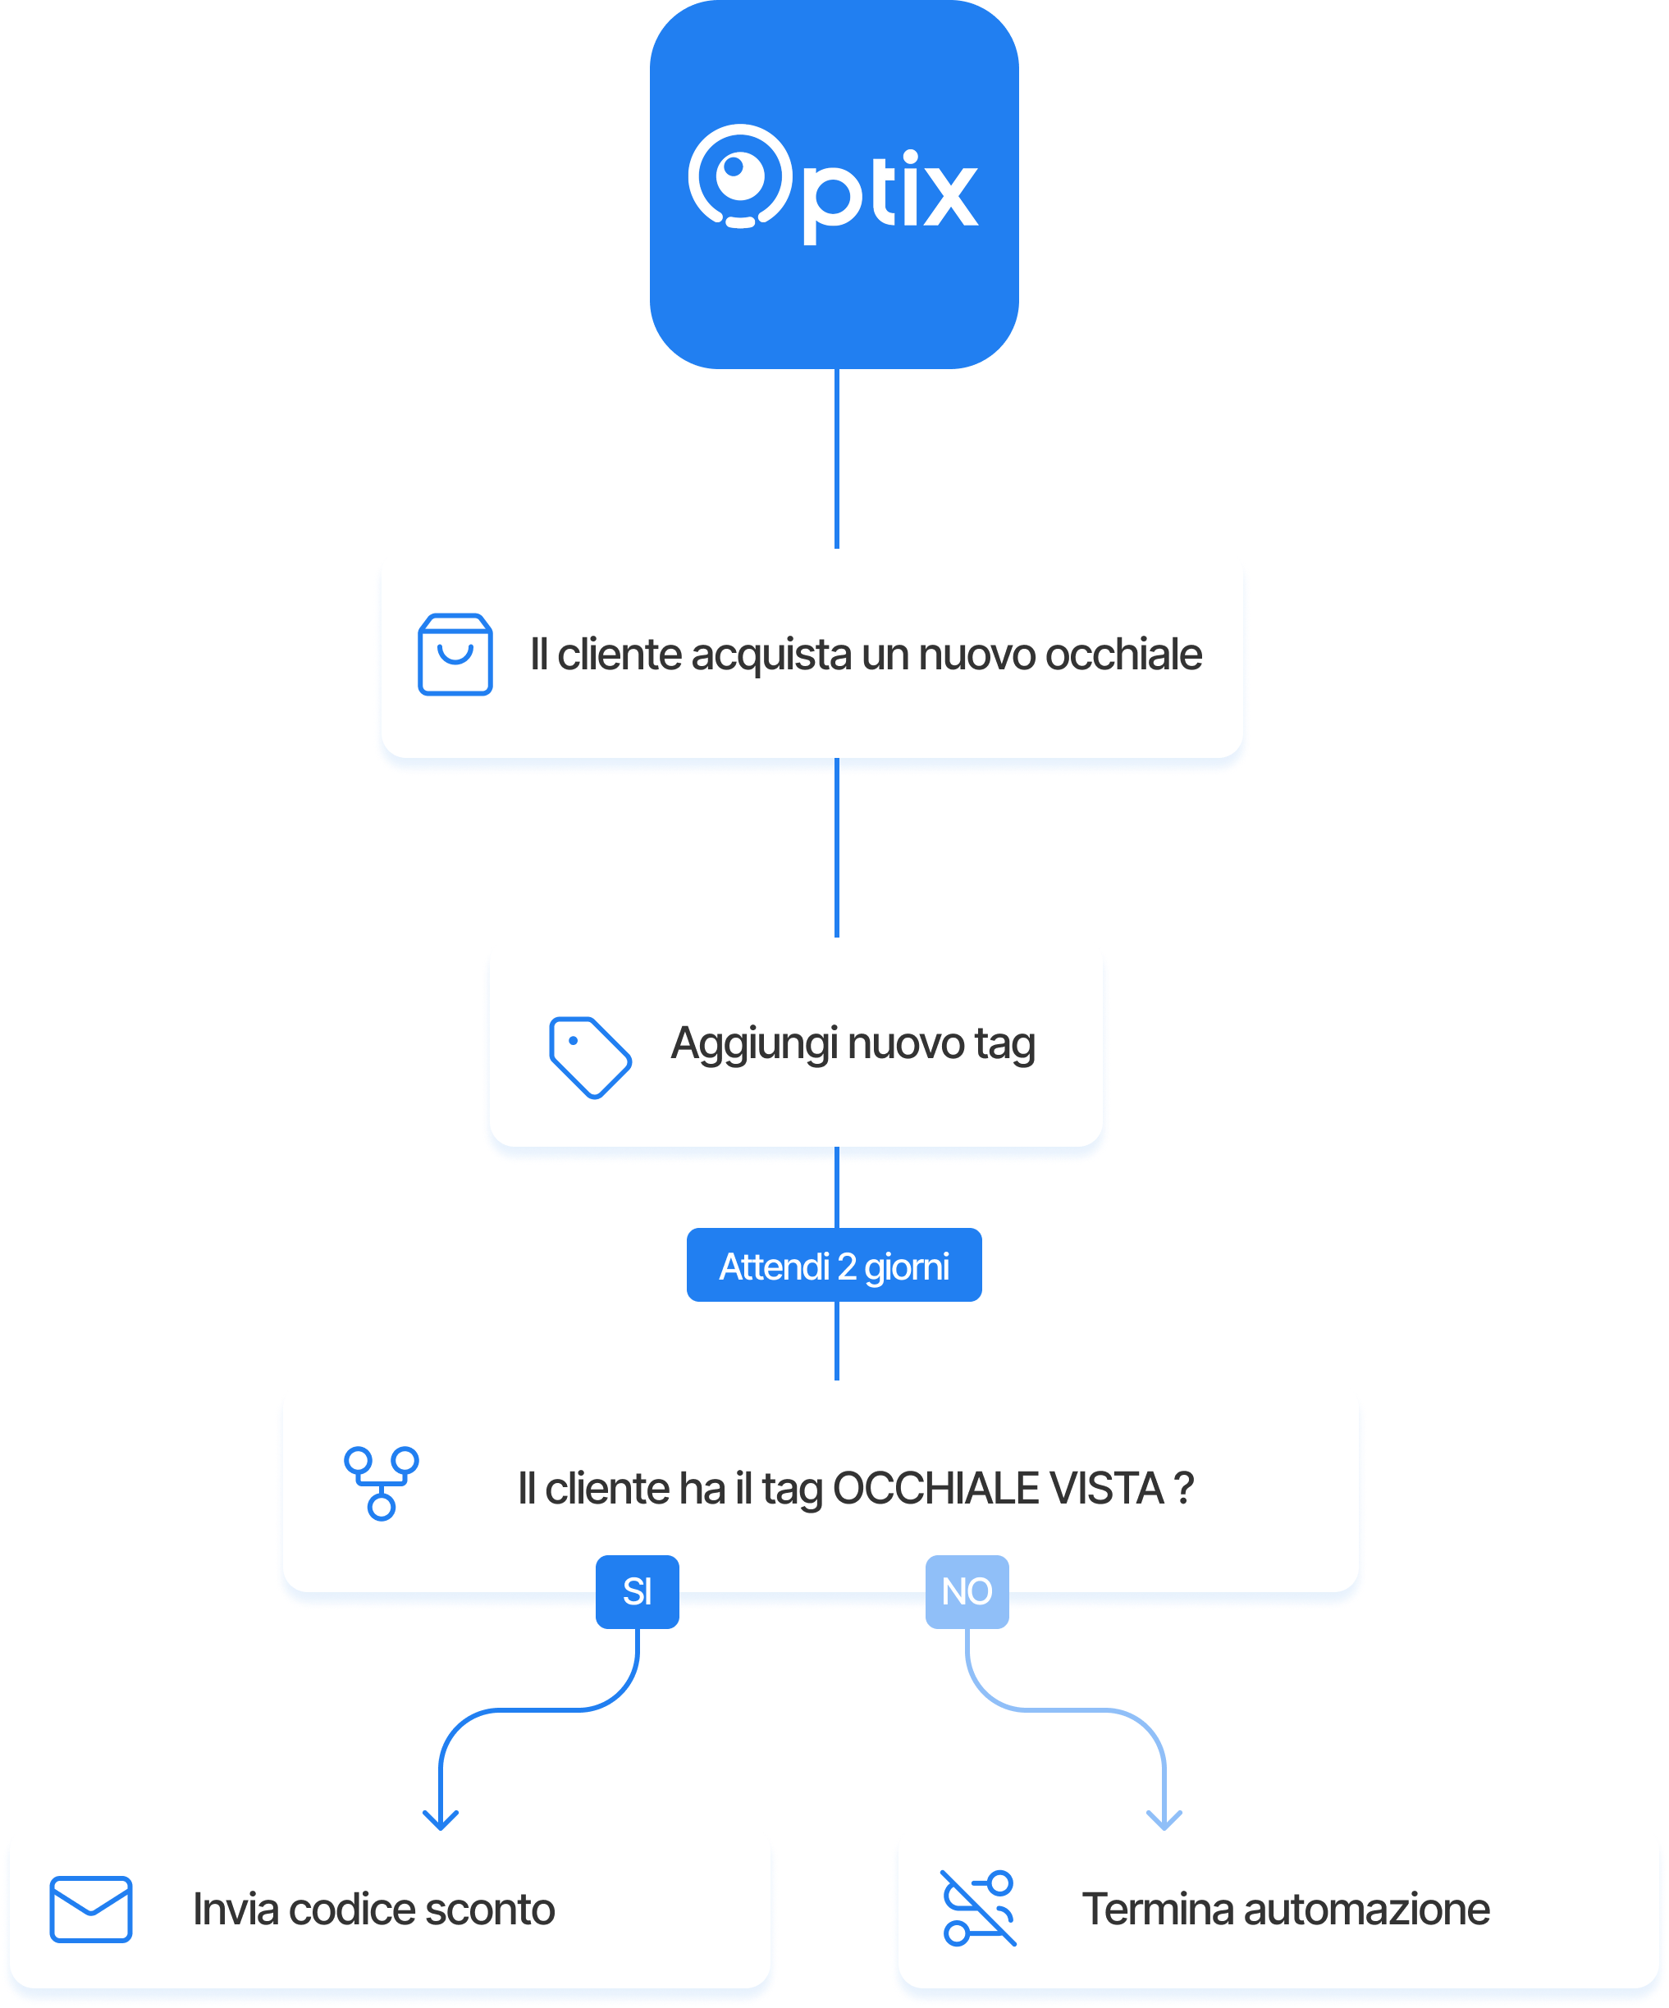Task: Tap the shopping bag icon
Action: [455, 655]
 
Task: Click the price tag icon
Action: [589, 1056]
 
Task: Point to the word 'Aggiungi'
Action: [755, 1044]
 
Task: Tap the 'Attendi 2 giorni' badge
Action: [834, 1265]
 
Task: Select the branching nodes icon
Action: [382, 1483]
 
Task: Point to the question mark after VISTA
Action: [1184, 1489]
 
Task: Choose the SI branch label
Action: [637, 1591]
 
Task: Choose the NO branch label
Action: [966, 1591]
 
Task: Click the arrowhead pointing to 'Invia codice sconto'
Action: [440, 1819]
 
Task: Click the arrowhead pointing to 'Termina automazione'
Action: [1164, 1819]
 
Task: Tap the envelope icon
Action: [91, 1910]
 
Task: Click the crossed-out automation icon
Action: [977, 1909]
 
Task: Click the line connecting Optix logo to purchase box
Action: [837, 459]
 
